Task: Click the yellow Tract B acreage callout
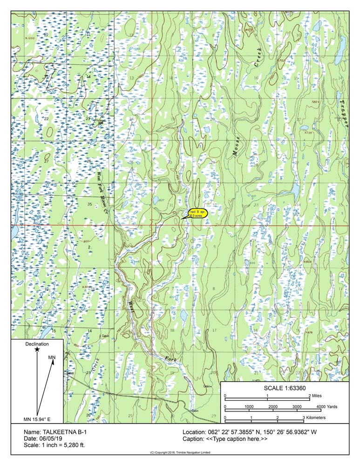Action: tap(197, 214)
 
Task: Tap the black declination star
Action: tap(37, 349)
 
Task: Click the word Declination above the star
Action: tap(37, 343)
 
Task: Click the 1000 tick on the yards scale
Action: tap(249, 406)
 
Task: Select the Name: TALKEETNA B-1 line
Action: tap(55, 432)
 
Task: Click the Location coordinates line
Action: tap(250, 432)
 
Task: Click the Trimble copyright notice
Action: tap(180, 453)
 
